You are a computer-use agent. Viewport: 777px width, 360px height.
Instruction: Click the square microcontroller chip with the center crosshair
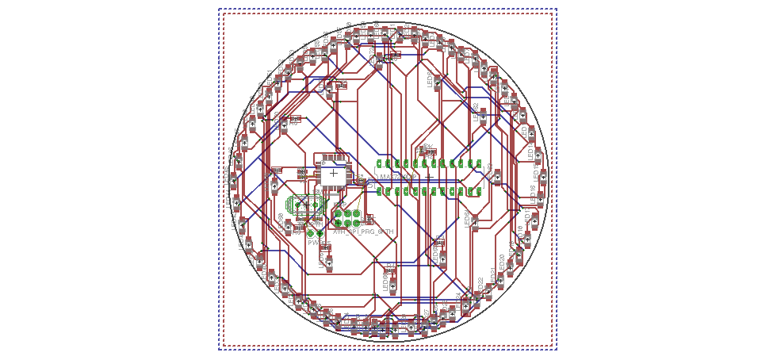tap(334, 172)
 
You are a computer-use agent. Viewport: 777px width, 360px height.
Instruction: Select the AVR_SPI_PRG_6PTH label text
tap(363, 232)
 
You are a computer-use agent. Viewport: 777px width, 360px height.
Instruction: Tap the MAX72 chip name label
tap(396, 177)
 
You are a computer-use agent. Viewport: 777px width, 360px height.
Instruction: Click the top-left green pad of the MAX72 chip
tap(380, 164)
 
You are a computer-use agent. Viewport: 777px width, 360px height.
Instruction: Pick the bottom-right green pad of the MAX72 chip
tap(478, 191)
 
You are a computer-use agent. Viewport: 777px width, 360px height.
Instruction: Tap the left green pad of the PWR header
tap(310, 233)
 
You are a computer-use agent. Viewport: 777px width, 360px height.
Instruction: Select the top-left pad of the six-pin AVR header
tap(338, 213)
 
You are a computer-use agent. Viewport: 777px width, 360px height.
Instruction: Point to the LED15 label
tap(536, 172)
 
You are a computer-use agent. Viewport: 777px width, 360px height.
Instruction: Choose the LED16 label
tap(532, 192)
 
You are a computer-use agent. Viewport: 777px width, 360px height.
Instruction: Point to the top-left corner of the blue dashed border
tap(220, 10)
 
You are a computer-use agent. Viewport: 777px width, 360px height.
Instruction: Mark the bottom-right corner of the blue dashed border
tap(556, 349)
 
